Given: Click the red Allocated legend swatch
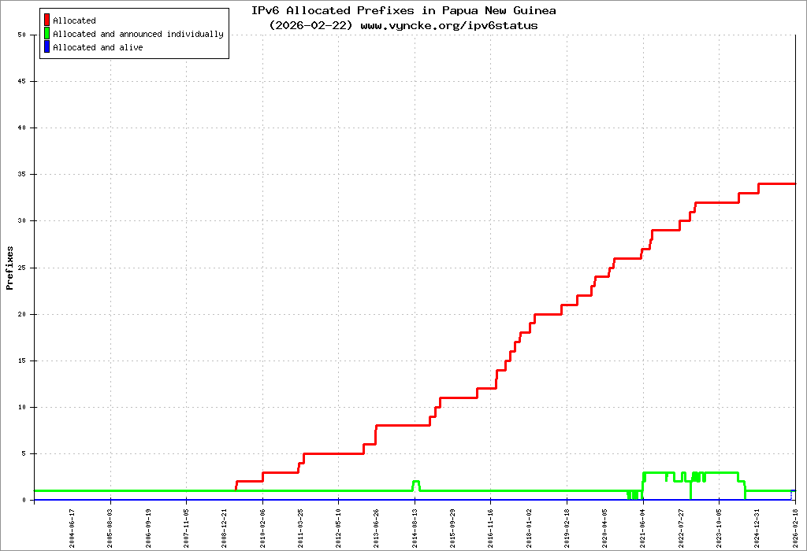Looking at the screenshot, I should (47, 20).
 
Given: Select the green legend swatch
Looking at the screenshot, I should (47, 34).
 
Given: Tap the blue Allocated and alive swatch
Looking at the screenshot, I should (47, 47).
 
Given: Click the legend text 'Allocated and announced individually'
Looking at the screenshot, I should (138, 34).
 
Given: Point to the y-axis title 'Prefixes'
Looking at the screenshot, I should (10, 268).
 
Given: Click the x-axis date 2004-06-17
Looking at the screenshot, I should (73, 528).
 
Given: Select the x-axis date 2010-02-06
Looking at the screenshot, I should (262, 528).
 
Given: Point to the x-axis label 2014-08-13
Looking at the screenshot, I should (415, 528).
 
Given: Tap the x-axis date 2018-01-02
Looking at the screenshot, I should (529, 528).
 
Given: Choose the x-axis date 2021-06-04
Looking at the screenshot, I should (643, 528).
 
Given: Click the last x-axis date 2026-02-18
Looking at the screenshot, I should (795, 528).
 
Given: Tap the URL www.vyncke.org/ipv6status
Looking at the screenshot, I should (449, 25).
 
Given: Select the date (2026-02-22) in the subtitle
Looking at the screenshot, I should (311, 25).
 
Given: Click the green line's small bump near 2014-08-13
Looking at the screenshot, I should (416, 481).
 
